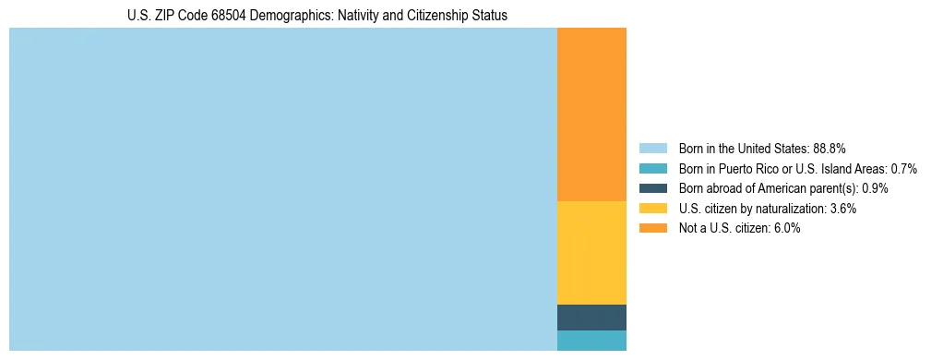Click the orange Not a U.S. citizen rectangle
tap(591, 114)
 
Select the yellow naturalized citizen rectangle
tap(591, 252)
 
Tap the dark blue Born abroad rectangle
tap(591, 317)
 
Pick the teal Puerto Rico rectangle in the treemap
tap(591, 340)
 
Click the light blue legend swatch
tap(652, 148)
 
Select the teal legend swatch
tap(652, 168)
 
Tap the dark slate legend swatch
tap(652, 188)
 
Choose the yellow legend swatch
tap(652, 209)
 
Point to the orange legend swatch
tap(652, 228)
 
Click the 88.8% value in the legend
tap(830, 148)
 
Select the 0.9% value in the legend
tap(875, 188)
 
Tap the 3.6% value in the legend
tap(843, 209)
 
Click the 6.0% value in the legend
tap(787, 228)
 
